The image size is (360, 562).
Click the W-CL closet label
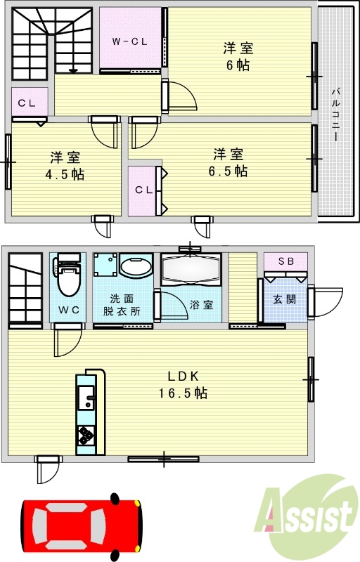coord(130,41)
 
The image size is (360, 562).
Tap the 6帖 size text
coord(238,65)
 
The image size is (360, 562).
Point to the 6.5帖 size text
coord(229,171)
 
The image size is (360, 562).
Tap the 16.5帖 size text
coord(181,393)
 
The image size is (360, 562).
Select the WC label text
coord(67,310)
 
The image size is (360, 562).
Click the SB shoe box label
coord(285,261)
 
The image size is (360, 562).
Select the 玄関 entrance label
coord(285,299)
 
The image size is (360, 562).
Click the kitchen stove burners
coord(86,436)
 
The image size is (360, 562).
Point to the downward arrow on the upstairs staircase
coord(73,70)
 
